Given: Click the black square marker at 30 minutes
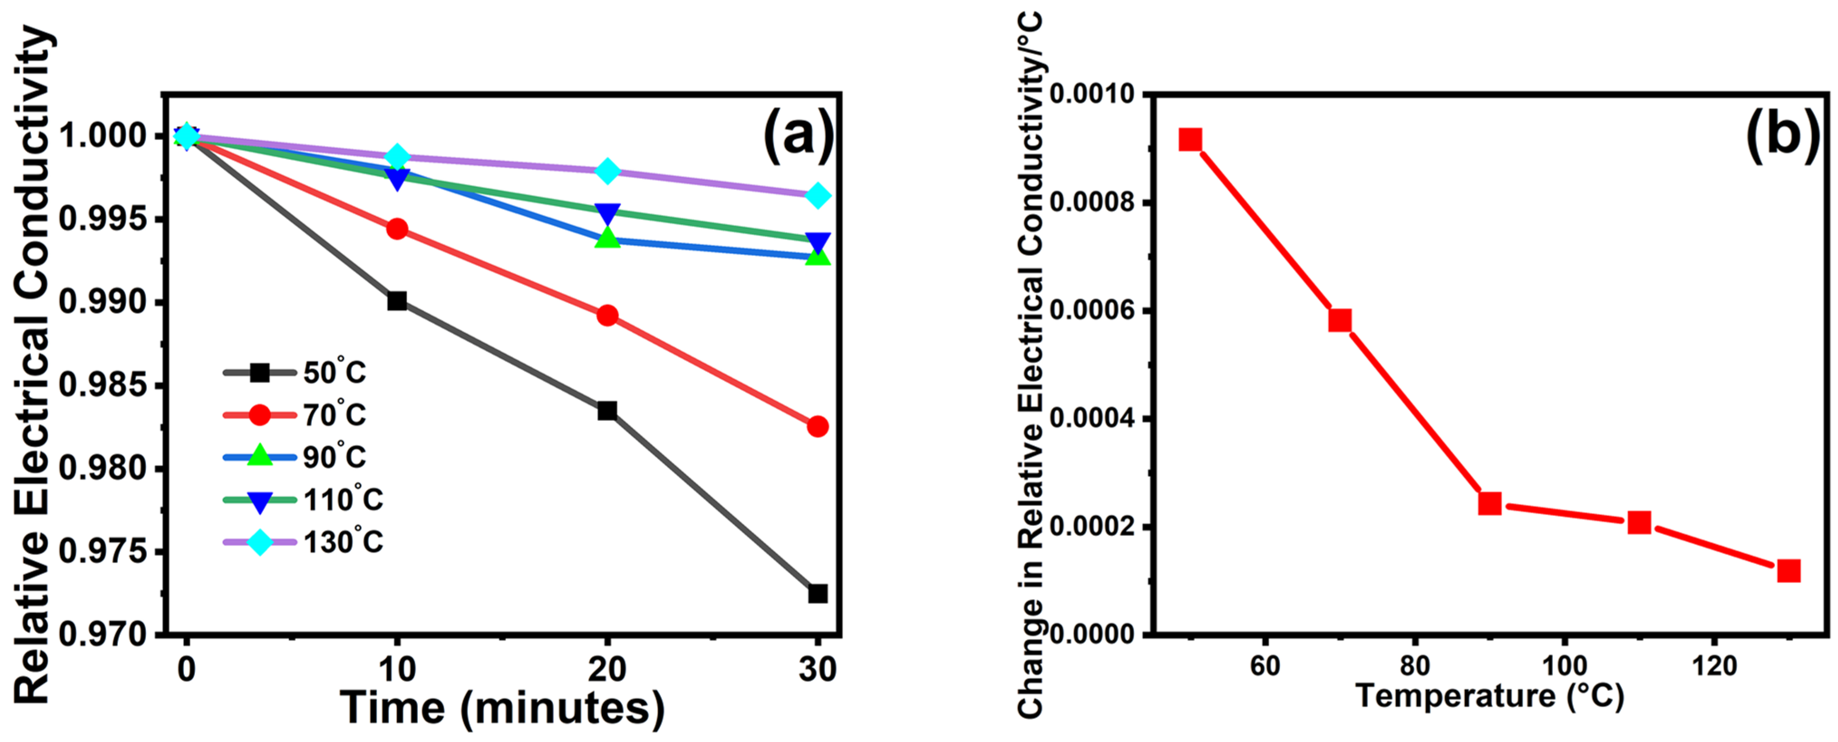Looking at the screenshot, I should [x=817, y=593].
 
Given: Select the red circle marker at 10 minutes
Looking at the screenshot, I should [x=397, y=229].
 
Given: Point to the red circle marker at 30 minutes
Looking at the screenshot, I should [x=817, y=427].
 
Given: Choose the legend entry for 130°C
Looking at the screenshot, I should [x=303, y=542].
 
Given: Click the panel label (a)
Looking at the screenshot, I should [x=798, y=135].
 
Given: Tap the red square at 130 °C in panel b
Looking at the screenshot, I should [x=1788, y=571].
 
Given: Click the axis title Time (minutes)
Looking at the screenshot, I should [x=502, y=708].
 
